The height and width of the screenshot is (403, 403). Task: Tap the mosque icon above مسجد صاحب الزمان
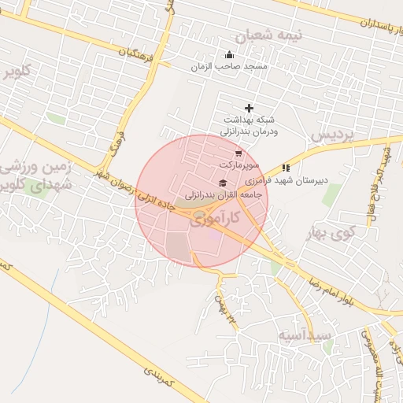click(229, 54)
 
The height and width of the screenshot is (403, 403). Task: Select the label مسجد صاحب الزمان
click(229, 67)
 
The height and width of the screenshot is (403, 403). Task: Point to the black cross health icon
click(250, 108)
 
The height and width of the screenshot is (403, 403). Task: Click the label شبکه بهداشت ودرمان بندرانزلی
click(248, 126)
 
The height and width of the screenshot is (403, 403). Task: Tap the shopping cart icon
click(238, 153)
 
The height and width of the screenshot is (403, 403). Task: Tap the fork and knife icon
click(286, 168)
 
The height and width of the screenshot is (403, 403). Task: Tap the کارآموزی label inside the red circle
click(213, 220)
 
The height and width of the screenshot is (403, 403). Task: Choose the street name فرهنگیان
click(135, 57)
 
